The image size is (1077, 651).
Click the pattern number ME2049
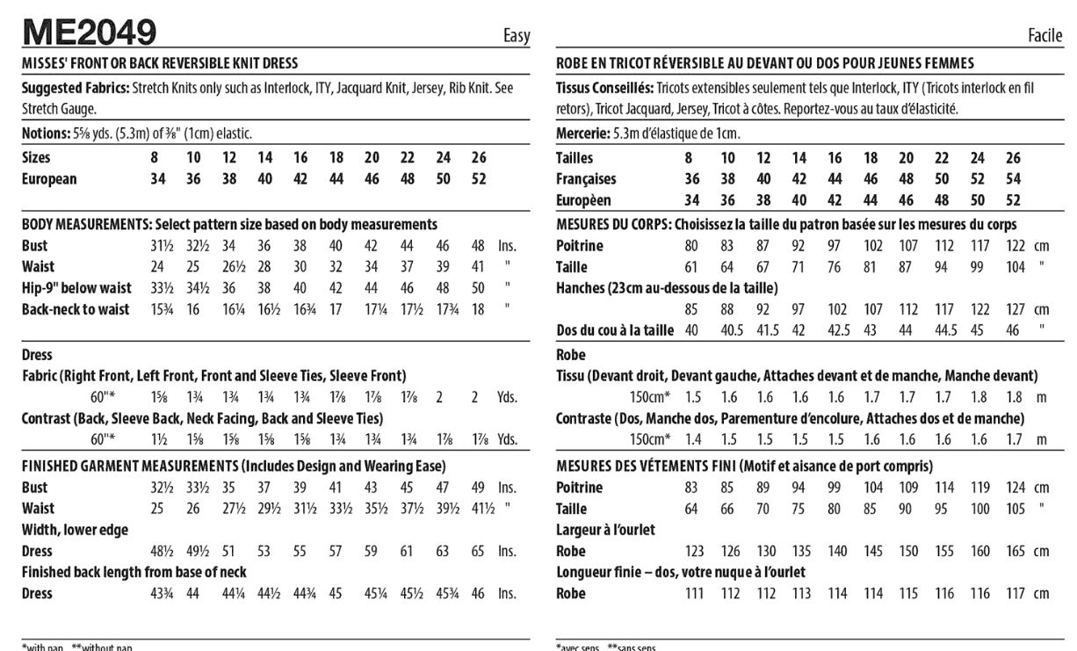pos(89,33)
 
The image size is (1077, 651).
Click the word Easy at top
pos(517,36)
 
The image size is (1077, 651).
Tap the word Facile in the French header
pos(1045,36)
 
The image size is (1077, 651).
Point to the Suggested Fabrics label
pos(75,89)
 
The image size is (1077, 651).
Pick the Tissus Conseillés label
pos(604,89)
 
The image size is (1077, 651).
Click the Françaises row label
pos(586,179)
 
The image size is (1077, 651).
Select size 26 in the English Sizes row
pos(479,158)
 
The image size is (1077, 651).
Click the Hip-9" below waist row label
pos(76,288)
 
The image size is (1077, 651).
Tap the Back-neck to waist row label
pos(76,309)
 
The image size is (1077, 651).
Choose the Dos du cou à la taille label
pos(615,330)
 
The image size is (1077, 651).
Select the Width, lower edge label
pos(75,530)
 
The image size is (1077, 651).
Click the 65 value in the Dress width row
pos(478,552)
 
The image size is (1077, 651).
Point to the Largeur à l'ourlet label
pos(605,530)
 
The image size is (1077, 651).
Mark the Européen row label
pos(583,200)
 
